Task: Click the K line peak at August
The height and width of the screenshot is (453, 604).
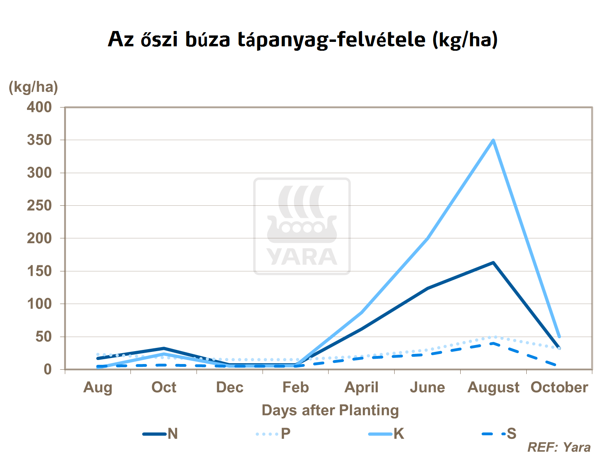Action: (493, 141)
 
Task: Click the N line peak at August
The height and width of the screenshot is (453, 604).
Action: (493, 263)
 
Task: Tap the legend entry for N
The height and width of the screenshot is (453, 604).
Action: (161, 434)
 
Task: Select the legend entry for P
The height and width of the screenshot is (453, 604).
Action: (273, 434)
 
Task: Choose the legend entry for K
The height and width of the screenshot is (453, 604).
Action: (387, 434)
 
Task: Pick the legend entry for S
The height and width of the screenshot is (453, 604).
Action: (499, 434)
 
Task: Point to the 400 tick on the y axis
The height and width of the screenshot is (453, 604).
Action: (39, 107)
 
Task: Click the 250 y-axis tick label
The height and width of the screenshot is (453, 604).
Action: (39, 205)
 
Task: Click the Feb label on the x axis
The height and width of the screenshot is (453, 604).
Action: (296, 387)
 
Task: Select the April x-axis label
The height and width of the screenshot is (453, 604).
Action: (362, 387)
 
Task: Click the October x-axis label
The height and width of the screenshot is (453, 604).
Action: (559, 387)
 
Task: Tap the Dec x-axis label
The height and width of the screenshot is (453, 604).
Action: (230, 387)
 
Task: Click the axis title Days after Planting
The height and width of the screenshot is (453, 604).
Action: (330, 410)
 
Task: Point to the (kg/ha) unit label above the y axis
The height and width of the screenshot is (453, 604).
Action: (33, 87)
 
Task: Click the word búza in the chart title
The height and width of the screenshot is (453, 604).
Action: (208, 39)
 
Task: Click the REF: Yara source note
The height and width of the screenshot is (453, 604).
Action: (559, 447)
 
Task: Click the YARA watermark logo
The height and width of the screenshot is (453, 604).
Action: (302, 226)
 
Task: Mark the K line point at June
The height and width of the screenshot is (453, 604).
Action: (427, 238)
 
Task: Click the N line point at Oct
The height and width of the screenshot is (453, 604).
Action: (164, 348)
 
